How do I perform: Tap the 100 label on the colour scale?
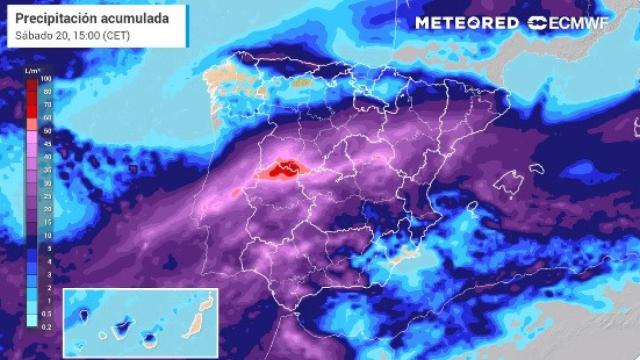pos(46,77)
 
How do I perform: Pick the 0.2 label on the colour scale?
pos(46,323)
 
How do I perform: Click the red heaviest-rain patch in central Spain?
pos(283,169)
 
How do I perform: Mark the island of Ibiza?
pos(470,207)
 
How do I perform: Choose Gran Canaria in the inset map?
pos(150,338)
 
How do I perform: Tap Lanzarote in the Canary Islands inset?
pos(209,298)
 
